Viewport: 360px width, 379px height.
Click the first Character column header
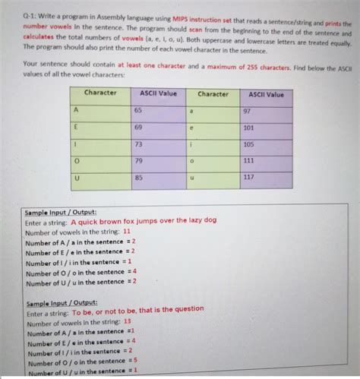(100, 93)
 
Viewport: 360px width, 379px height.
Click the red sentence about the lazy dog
(144, 220)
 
